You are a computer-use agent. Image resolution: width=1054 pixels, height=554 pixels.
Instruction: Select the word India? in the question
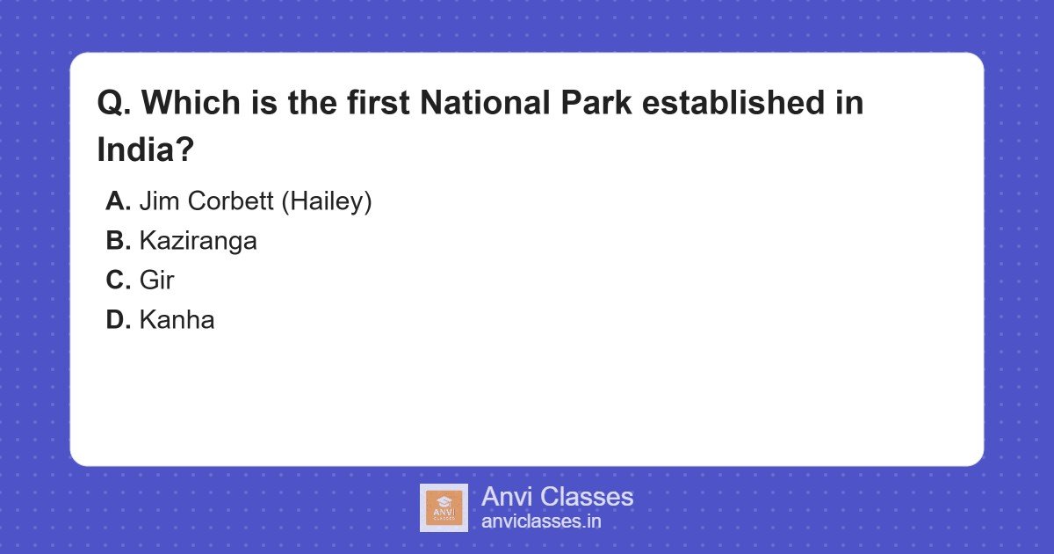point(145,149)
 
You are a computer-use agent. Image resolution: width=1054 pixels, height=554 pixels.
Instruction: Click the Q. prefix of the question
point(114,103)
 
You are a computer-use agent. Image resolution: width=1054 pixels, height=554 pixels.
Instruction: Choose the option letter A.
point(118,201)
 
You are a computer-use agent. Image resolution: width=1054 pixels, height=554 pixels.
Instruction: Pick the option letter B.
point(118,241)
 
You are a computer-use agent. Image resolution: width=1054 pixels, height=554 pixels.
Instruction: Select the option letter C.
point(118,281)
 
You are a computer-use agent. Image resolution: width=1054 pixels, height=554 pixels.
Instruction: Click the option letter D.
point(118,320)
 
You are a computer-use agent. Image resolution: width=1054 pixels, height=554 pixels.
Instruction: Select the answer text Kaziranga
point(198,241)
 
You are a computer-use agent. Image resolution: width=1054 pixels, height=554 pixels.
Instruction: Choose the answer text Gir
point(156,281)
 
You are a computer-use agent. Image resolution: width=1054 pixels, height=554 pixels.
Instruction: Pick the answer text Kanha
point(177,320)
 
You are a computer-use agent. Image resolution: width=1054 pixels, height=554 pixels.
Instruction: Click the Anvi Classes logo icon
point(444,507)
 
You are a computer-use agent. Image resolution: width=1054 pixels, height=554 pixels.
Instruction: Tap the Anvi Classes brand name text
point(557,497)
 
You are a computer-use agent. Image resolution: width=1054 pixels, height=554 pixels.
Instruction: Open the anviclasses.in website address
point(541,521)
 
